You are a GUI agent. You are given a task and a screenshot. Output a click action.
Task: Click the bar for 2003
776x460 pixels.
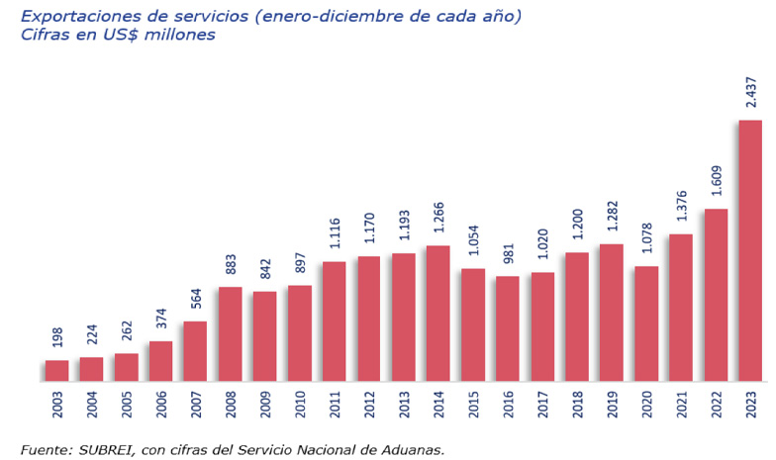57,371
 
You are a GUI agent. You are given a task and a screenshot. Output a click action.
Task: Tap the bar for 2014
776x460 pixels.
438,313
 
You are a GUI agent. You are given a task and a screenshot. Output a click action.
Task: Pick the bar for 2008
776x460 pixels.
231,333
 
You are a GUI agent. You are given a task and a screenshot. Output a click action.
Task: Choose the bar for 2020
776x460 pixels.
646,323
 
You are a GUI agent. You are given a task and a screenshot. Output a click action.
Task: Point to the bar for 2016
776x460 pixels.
508,328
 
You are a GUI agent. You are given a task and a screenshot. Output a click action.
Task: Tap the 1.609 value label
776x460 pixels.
716,182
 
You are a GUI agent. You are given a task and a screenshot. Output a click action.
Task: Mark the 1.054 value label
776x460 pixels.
473,241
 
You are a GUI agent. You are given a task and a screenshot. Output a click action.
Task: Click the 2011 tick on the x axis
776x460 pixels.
335,407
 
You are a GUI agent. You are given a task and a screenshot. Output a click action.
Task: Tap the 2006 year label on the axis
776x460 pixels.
161,407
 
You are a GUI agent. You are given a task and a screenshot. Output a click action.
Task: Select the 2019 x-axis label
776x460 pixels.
612,407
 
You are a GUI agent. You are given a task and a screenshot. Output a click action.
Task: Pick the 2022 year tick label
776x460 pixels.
716,407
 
